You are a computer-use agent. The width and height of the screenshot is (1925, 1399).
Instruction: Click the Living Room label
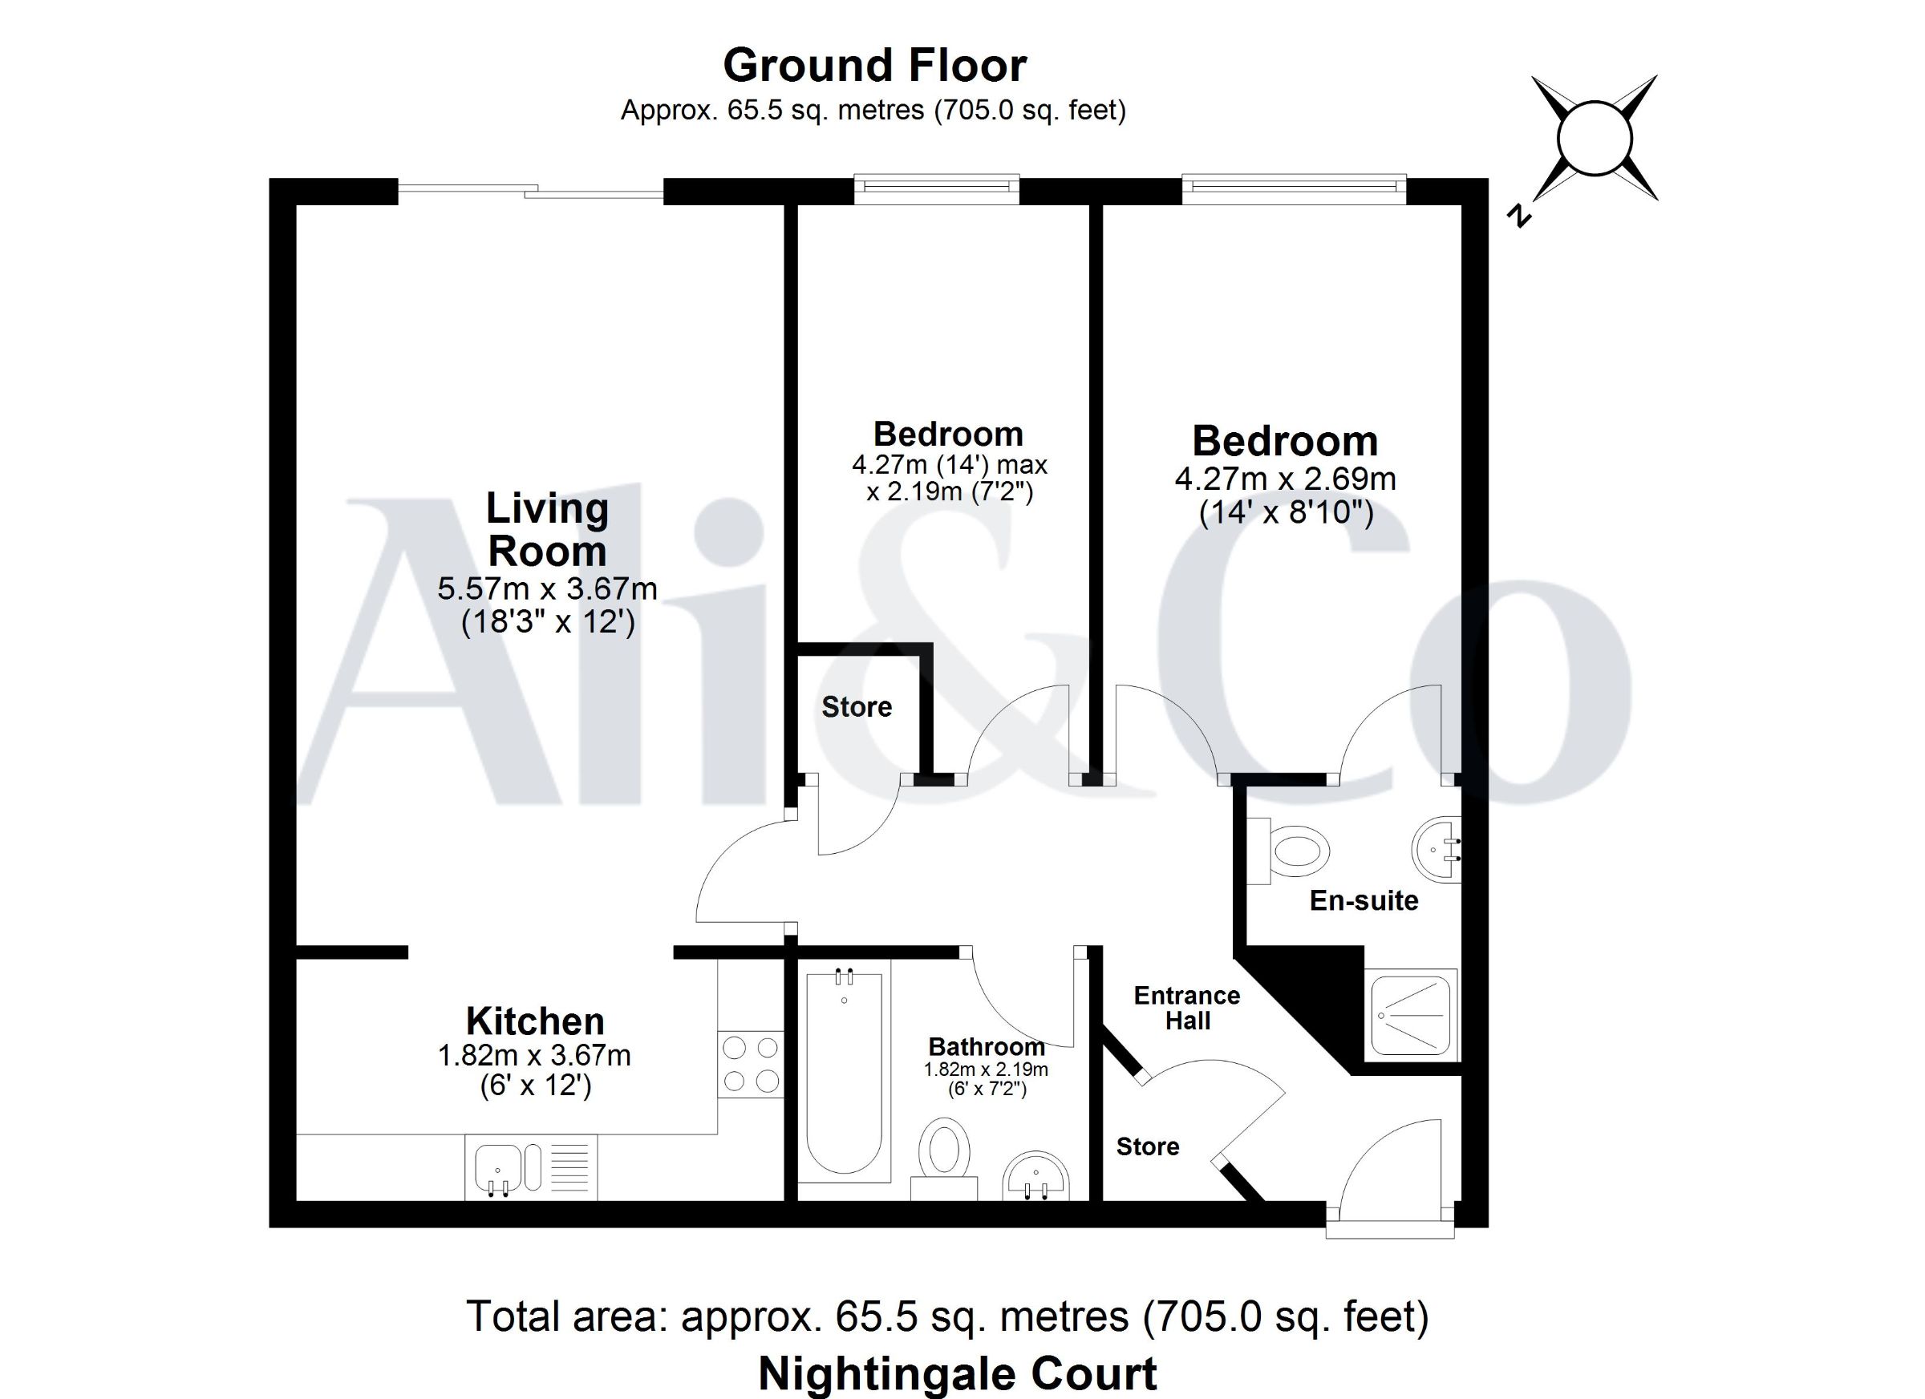coord(548,529)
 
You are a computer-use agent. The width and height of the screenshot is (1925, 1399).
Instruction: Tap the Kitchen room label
coord(535,1021)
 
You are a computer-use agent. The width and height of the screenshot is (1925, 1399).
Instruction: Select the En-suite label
coord(1364,900)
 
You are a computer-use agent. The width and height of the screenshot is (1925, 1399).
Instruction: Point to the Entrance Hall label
coord(1186,1008)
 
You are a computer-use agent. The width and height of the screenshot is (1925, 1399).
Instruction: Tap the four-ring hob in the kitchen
coord(750,1064)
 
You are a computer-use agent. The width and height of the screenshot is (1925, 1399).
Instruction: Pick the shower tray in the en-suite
coord(1411,1016)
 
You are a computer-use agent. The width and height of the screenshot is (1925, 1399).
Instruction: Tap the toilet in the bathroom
coord(944,1158)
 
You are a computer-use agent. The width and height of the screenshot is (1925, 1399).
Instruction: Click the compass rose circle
coord(1595,138)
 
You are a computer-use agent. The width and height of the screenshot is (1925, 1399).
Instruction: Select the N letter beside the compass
coord(1519,216)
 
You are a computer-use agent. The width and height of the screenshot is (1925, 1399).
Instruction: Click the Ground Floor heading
coord(874,65)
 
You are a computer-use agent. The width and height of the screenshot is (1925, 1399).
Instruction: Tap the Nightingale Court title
coord(958,1374)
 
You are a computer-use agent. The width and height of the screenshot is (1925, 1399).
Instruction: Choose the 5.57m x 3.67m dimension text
coord(548,588)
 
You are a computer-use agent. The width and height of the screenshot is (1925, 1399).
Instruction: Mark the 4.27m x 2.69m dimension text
coord(1285,479)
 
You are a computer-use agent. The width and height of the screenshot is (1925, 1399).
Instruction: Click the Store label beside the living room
coord(857,706)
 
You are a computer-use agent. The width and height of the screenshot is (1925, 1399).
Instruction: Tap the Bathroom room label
coord(987,1047)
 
